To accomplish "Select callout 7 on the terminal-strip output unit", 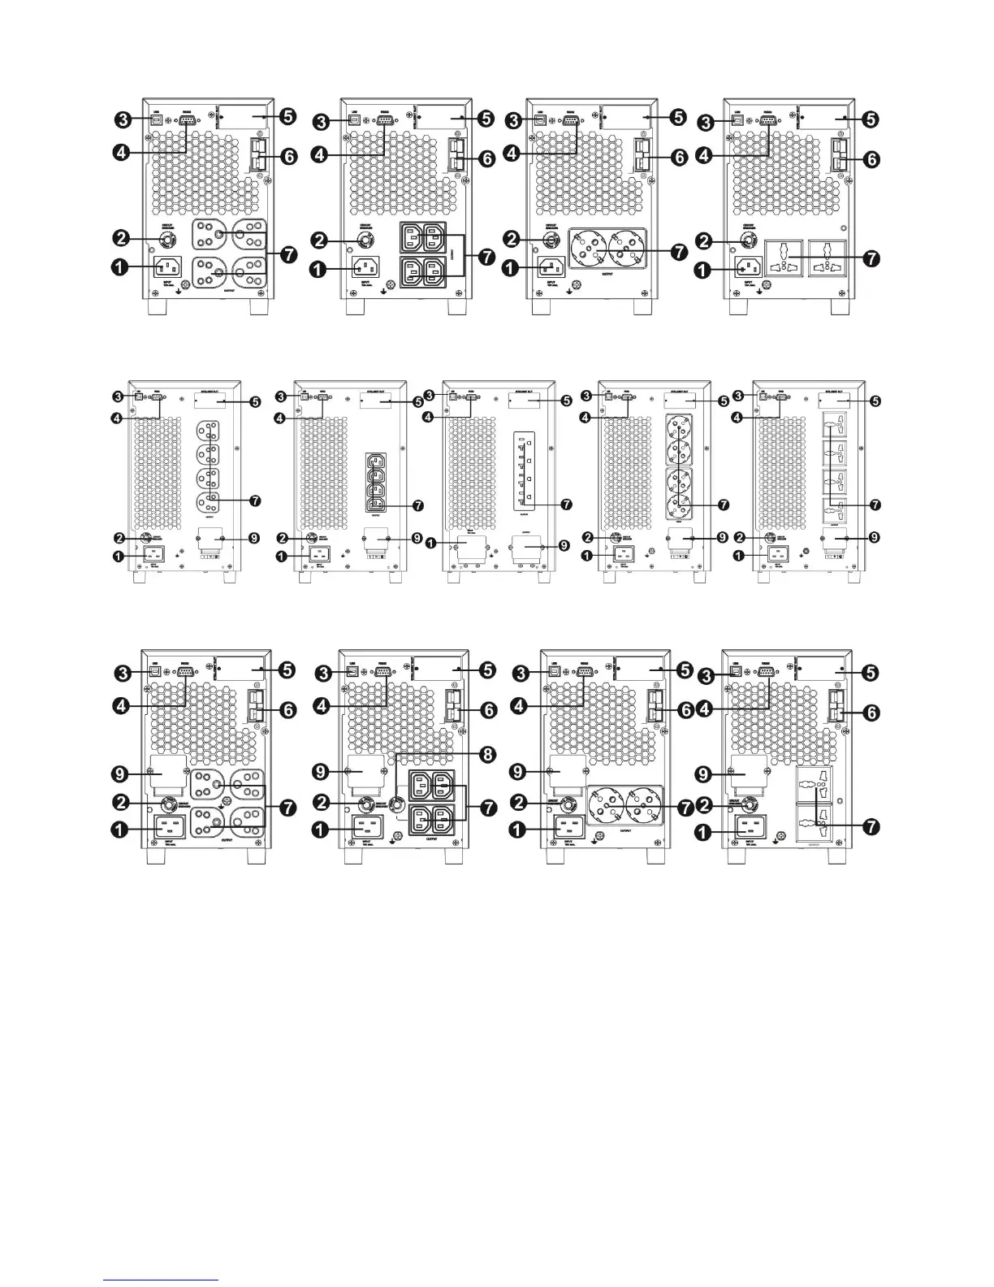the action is [x=567, y=504].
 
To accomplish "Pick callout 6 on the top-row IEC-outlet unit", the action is [x=486, y=160].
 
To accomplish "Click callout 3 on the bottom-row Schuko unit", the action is [x=525, y=672].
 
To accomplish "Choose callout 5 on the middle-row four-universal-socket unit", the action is [x=875, y=401].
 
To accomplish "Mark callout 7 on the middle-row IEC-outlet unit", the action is [x=417, y=505].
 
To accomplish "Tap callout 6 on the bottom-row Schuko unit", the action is [x=685, y=710].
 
